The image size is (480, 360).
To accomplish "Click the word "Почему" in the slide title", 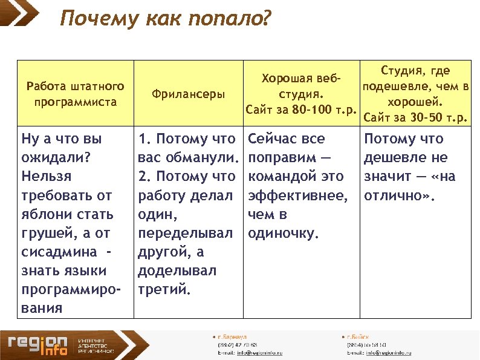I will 99,19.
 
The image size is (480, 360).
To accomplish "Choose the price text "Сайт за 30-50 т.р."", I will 417,117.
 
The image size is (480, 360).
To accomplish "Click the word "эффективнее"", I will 297,195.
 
